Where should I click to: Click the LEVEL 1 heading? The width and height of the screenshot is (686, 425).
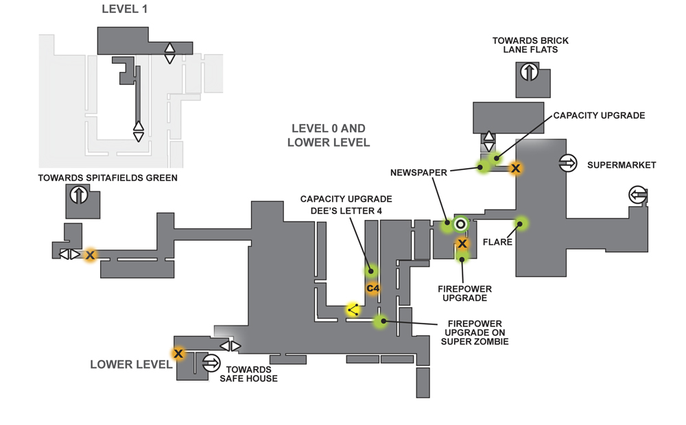tap(125, 9)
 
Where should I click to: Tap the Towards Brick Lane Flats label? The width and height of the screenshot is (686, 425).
tap(530, 45)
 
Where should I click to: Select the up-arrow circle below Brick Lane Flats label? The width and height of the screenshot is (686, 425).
tap(530, 72)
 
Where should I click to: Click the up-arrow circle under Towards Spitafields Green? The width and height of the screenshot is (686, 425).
tap(79, 195)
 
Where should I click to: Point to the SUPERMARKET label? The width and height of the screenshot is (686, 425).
tap(622, 165)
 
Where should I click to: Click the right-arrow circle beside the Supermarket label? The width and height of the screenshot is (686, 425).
tap(568, 163)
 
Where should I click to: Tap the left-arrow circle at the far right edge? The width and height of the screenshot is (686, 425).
tap(638, 195)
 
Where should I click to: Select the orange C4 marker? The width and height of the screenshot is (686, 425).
tap(372, 288)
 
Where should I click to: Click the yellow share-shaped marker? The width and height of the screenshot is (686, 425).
tap(353, 310)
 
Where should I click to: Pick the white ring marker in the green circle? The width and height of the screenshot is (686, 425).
tap(460, 225)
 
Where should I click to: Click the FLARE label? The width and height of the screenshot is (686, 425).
tap(497, 242)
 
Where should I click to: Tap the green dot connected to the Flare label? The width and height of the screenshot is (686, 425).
tap(520, 224)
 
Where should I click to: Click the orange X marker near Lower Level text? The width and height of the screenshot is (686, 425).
tap(178, 353)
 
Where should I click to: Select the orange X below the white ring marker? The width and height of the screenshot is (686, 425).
tap(462, 243)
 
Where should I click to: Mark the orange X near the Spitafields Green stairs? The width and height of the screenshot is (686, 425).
tap(90, 255)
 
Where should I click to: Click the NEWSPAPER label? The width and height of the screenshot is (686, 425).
tap(418, 173)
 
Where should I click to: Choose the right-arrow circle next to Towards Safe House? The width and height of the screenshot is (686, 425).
tap(211, 363)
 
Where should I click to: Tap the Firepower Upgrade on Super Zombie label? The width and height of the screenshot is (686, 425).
tap(475, 332)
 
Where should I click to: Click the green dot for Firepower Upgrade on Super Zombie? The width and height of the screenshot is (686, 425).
tap(381, 321)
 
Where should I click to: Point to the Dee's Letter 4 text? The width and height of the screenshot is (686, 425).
tap(346, 210)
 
